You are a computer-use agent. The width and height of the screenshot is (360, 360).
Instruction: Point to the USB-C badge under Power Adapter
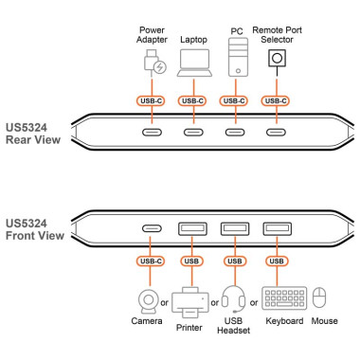pos(152,100)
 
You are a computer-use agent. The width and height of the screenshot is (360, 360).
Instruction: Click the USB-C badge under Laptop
pos(193,100)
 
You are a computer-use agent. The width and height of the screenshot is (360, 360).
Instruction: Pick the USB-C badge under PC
pos(235,100)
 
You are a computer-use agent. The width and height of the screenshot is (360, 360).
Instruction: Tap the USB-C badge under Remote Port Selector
pos(277,100)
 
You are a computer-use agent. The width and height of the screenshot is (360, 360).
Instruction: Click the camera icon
pos(149,297)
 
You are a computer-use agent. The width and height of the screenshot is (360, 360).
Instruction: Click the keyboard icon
pos(284,297)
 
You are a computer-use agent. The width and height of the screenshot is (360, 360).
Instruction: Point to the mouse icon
pos(320,297)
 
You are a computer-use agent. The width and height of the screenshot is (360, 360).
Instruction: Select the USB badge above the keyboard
pos(277,261)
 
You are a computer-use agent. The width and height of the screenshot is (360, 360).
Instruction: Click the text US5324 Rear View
pos(33,133)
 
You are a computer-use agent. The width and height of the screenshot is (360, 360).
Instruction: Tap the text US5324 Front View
pos(34,232)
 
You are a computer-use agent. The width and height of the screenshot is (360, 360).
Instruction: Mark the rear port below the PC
pos(235,132)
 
